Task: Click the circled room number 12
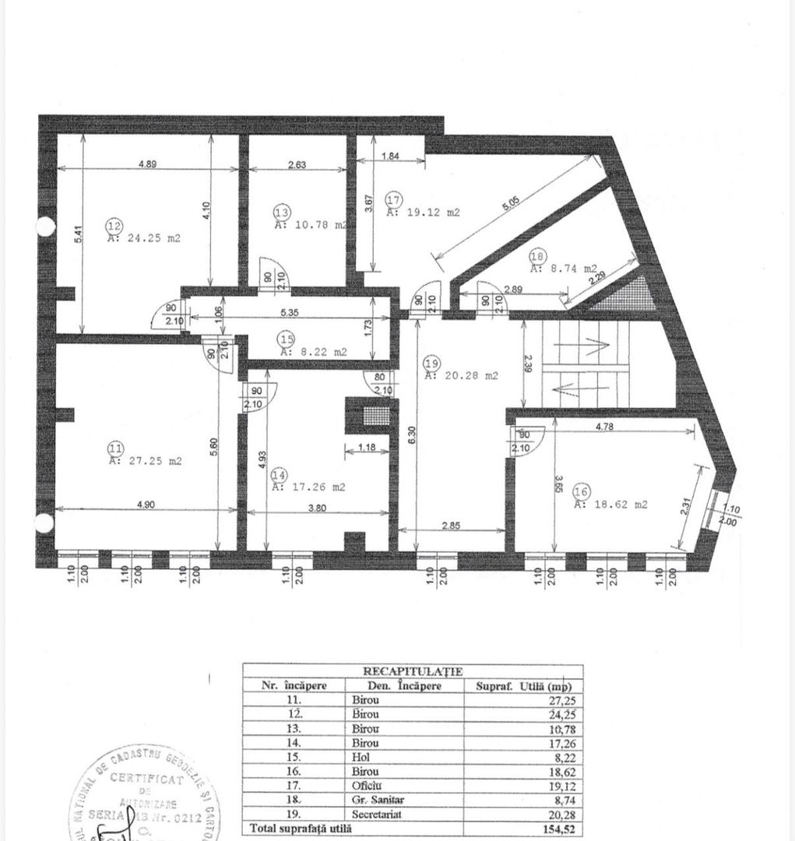[x=113, y=226]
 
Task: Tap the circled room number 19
[x=432, y=363]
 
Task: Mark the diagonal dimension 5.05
[x=511, y=205]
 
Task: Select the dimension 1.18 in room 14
[x=366, y=448]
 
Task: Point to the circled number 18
[x=536, y=256]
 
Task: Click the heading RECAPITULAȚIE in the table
[x=413, y=670]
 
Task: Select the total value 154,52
[x=561, y=829]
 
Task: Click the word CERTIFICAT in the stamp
[x=146, y=779]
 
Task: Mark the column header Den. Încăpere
[x=395, y=686]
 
